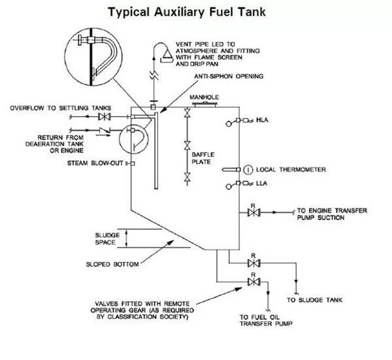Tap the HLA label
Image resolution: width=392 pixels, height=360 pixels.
coord(262,121)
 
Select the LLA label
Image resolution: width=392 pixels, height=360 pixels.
coord(261,185)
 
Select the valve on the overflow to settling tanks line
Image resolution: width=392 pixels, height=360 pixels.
coord(102,118)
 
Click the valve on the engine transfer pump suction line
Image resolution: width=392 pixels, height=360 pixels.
coord(253,212)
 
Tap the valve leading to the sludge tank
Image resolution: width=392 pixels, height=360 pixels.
coord(253,264)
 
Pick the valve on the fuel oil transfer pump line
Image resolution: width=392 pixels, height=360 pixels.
coord(253,282)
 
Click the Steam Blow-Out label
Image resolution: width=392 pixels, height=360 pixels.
coord(95,162)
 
